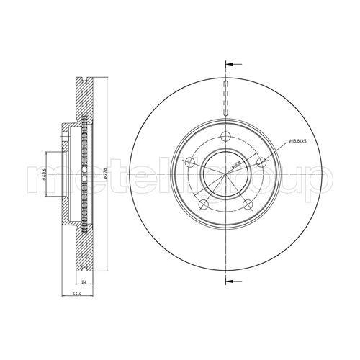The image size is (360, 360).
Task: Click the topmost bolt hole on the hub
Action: click(x=225, y=137)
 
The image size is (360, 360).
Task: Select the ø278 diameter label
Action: click(x=105, y=173)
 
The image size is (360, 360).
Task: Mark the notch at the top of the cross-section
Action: click(x=84, y=77)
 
